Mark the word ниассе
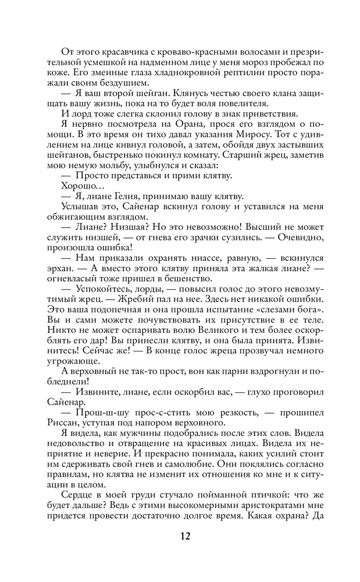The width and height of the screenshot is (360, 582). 199,257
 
